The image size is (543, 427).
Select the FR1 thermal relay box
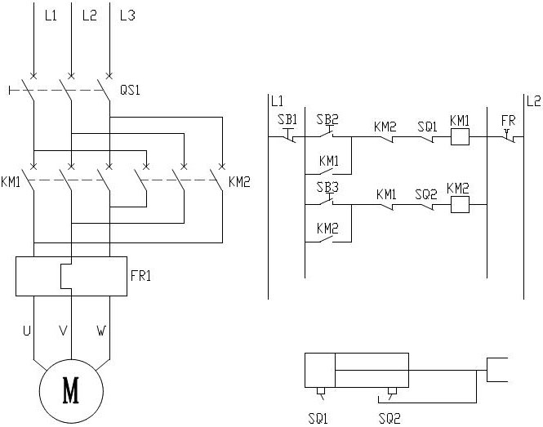72,276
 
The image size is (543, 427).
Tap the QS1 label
130,91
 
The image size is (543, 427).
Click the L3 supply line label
127,16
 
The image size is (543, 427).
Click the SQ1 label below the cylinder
318,419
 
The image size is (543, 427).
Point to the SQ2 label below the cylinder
389,419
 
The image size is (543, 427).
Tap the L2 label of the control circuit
533,101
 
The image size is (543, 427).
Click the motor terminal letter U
26,331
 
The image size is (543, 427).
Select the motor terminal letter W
101,331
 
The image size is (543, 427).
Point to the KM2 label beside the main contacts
239,180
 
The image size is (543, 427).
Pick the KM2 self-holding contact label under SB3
328,229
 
